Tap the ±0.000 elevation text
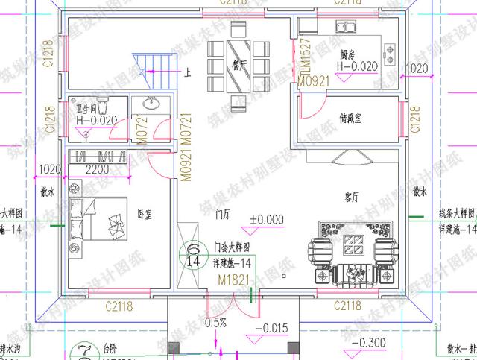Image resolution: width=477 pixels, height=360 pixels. [268, 220]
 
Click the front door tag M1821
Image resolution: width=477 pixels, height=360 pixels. [233, 280]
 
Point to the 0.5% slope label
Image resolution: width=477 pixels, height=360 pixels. [215, 323]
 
